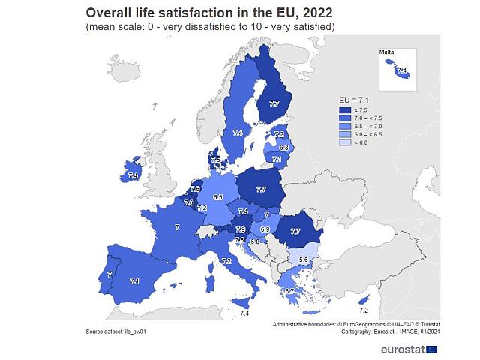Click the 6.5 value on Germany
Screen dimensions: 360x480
click(217, 197)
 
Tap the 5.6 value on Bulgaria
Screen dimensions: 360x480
click(304, 259)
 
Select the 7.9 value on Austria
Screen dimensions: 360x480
click(241, 229)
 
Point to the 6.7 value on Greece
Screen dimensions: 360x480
click(290, 291)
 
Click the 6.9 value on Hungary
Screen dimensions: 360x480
click(265, 229)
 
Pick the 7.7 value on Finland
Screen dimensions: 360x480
click(274, 104)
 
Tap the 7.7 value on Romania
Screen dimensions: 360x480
click(295, 232)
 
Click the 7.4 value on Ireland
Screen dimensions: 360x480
click(133, 175)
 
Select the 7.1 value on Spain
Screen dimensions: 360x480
click(134, 281)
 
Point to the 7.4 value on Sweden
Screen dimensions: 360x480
click(238, 133)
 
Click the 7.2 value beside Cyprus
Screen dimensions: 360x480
click(364, 310)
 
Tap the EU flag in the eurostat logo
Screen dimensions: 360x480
click(431, 348)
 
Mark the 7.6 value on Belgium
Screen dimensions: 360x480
click(189, 202)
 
